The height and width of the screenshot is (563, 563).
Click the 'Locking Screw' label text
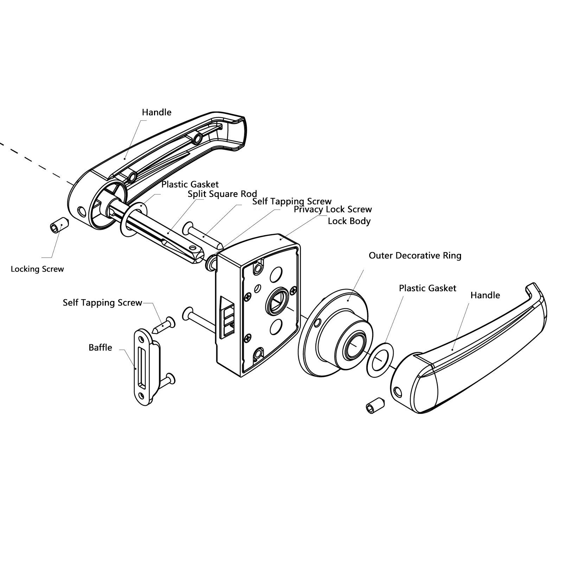(x=37, y=269)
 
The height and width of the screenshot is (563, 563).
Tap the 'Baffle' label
(x=100, y=347)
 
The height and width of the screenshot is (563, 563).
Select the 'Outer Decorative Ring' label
(x=415, y=256)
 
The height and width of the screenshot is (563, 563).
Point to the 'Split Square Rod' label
(x=222, y=194)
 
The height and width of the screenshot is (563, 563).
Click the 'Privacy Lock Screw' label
(x=333, y=210)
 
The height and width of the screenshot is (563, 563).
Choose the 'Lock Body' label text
(x=349, y=221)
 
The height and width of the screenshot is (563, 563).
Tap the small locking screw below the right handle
(x=376, y=405)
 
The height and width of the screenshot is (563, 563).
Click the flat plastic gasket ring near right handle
(x=380, y=360)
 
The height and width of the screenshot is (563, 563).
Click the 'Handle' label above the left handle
(x=156, y=113)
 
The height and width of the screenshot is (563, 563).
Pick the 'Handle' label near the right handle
(x=485, y=295)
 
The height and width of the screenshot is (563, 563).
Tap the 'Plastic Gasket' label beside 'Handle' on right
(x=427, y=288)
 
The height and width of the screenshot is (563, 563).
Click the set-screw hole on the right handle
(x=398, y=391)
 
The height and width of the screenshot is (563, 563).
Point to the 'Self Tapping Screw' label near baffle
(x=102, y=303)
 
